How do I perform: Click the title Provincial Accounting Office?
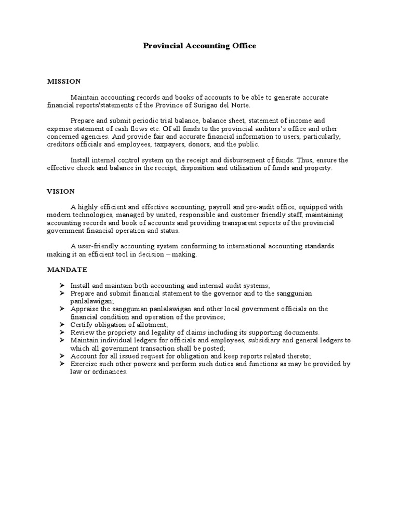[x=199, y=46]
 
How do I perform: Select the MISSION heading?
[x=64, y=81]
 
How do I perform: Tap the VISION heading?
[x=61, y=191]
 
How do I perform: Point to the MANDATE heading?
[x=67, y=270]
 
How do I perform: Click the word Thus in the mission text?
[x=304, y=161]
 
